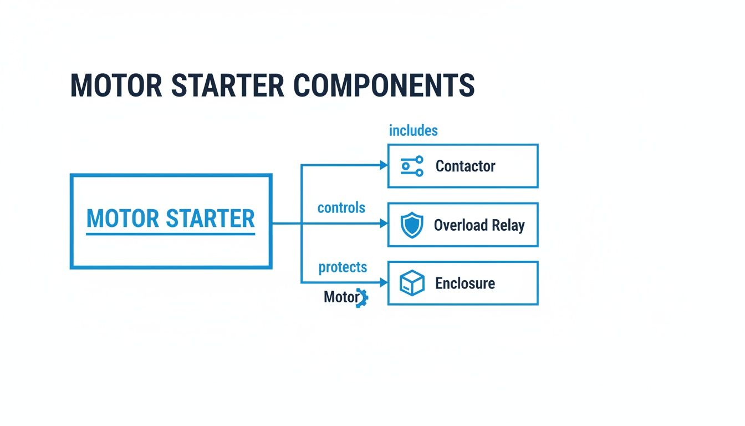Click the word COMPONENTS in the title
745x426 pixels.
[x=384, y=85]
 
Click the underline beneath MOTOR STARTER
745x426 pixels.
[x=171, y=234]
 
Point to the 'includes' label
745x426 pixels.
[x=413, y=131]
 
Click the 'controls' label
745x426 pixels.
[x=341, y=208]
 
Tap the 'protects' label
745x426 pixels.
[x=343, y=267]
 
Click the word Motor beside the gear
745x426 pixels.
[x=340, y=297]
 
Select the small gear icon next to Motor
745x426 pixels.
[x=363, y=298]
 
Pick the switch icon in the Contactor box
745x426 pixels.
[x=412, y=166]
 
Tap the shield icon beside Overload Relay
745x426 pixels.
[x=411, y=225]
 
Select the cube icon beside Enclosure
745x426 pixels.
[x=412, y=283]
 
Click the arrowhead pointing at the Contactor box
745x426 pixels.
[x=383, y=165]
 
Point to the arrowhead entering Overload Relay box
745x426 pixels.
[x=383, y=224]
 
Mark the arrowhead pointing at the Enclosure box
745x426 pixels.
[x=383, y=282]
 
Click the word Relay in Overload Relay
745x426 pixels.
[x=508, y=225]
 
